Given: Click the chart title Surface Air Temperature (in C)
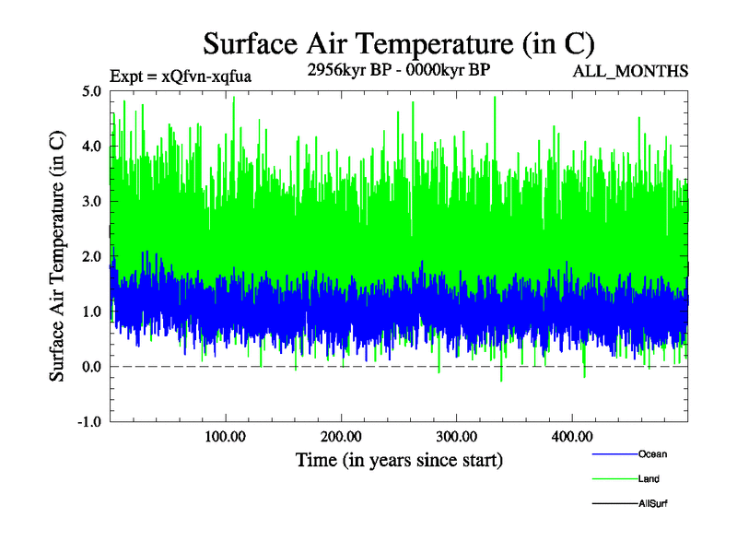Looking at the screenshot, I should click(398, 43).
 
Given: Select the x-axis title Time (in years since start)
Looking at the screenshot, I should click(399, 459).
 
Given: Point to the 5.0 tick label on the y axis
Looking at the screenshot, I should click(92, 91).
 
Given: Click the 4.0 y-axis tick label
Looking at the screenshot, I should click(92, 147).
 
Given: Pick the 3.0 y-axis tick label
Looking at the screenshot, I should click(92, 201).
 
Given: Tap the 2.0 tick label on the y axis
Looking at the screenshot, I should click(92, 256).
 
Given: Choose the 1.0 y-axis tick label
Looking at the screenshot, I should click(92, 312).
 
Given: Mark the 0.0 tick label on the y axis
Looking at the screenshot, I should click(92, 367).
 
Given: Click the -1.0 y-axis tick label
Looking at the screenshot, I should click(90, 422).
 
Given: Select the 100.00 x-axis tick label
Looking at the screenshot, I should click(225, 436).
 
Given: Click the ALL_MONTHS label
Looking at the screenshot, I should click(630, 71).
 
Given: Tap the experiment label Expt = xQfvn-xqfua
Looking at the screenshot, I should click(181, 76).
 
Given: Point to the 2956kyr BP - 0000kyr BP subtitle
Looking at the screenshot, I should click(397, 71).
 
